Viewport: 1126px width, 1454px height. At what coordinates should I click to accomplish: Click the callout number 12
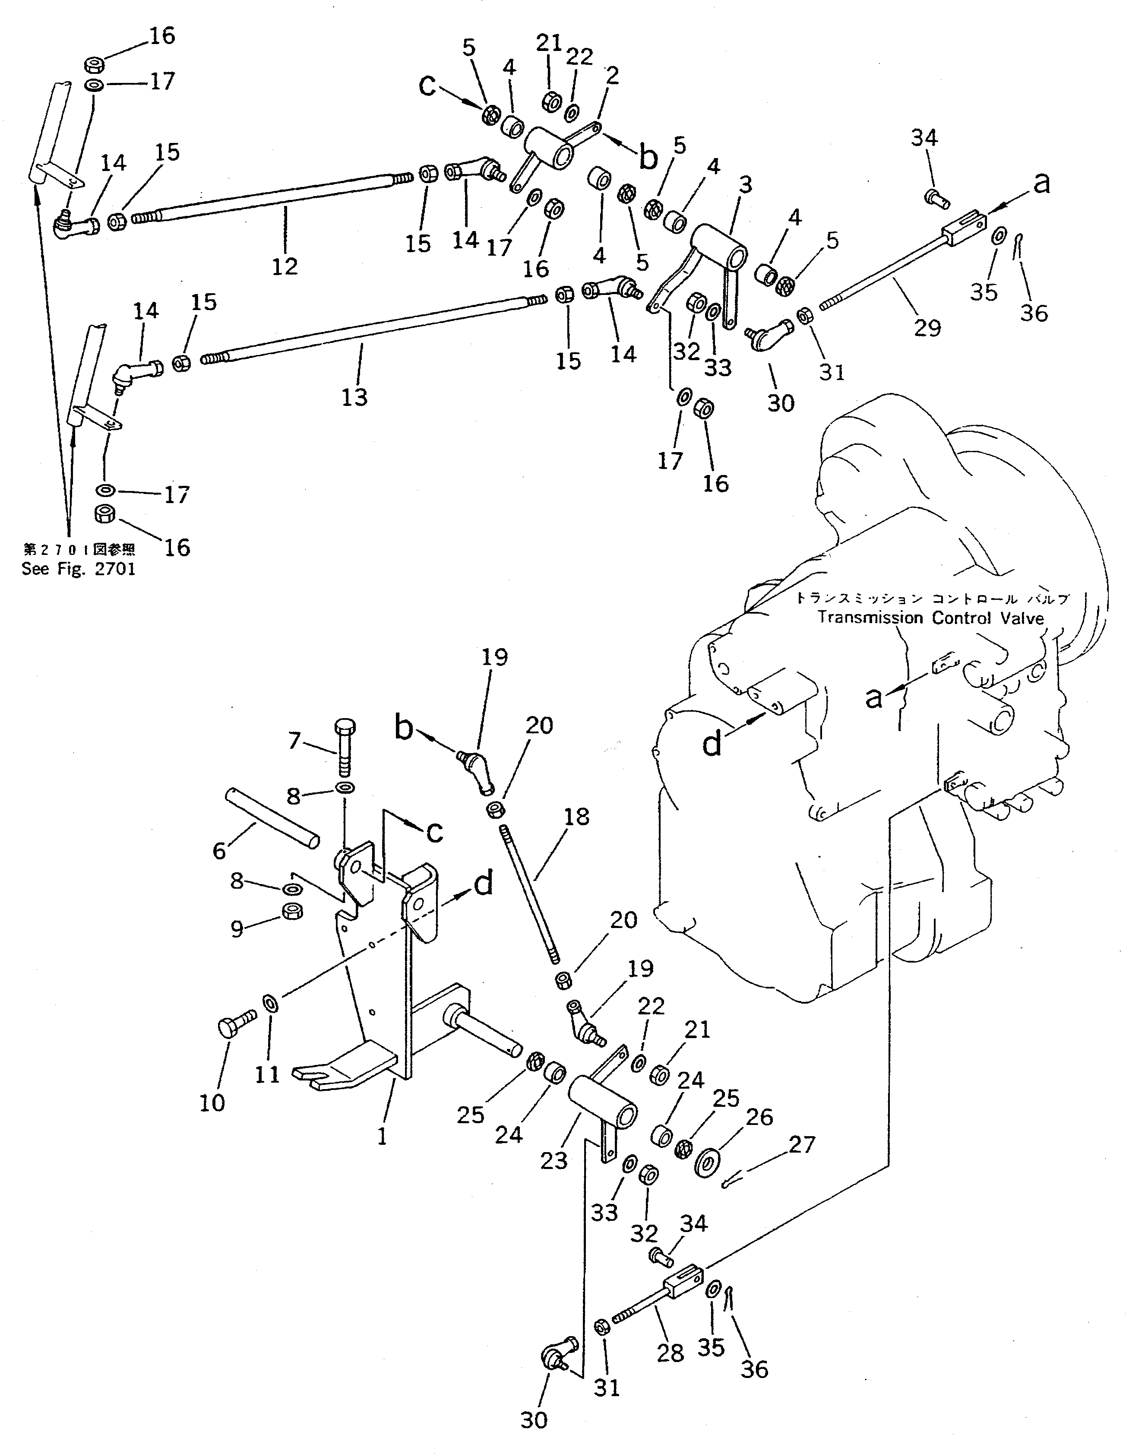(285, 266)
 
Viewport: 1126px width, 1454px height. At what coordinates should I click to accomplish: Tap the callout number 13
(355, 397)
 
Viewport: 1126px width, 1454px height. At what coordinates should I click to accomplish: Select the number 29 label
(928, 327)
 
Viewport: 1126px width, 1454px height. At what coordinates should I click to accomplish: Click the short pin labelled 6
(273, 818)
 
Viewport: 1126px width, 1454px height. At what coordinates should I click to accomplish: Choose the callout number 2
(612, 75)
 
